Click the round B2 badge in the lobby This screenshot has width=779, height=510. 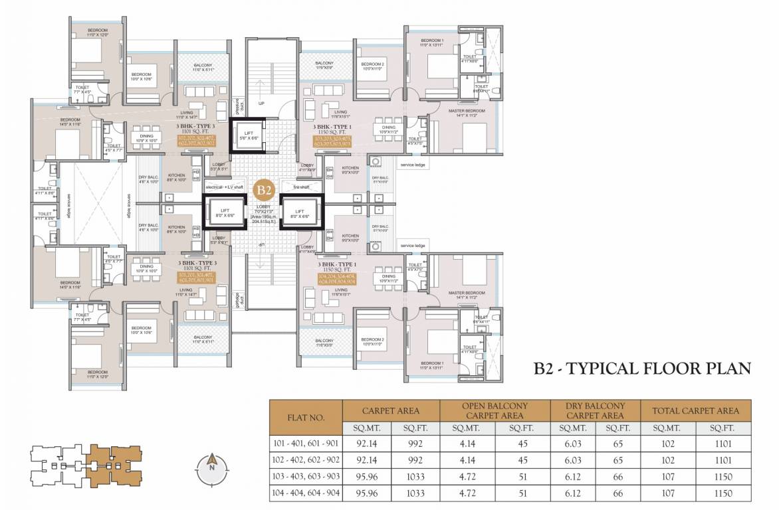tap(265, 190)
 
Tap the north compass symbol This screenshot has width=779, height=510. tap(211, 463)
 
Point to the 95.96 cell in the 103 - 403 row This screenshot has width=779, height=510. tap(367, 477)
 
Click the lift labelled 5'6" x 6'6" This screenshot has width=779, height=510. tap(248, 135)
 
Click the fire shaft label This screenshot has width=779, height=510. tap(300, 187)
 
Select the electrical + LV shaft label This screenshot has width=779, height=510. tap(225, 187)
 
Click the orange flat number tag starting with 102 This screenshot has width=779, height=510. tap(196, 140)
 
